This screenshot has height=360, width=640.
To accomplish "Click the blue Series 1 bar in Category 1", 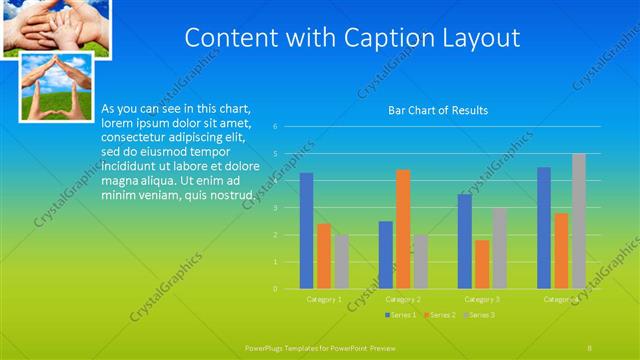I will pos(306,231).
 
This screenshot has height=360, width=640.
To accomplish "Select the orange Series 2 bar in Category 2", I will pos(403,229).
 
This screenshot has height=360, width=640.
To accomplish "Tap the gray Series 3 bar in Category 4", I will pos(579,221).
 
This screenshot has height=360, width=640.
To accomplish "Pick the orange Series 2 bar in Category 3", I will pos(482,264).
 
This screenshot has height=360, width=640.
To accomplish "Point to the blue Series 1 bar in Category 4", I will pos(544,228).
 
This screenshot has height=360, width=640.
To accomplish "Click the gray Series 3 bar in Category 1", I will pos(341,262).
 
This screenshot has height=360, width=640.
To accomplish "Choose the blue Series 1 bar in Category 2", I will pos(385,255).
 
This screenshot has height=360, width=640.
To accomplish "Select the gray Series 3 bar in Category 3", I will pos(500,248).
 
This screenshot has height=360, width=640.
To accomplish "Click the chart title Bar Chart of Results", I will pos(438,110).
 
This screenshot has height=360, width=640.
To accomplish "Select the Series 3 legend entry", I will pos(481,315).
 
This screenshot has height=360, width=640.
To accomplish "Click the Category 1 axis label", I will pos(323,299).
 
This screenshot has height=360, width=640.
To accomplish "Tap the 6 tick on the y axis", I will pos(289,127).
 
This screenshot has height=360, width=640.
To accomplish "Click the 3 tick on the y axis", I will pos(289,208).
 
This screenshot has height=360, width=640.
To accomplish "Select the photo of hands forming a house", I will pos(58,87).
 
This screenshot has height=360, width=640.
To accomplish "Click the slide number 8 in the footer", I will pos(590,345).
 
